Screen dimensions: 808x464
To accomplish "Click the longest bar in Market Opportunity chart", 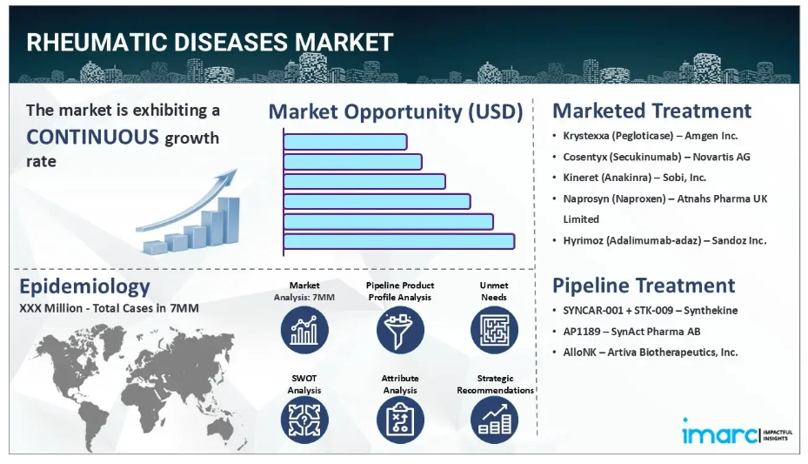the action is (x=399, y=241).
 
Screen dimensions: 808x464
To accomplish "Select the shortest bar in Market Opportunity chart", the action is (x=345, y=142).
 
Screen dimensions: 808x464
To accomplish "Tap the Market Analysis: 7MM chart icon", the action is (x=304, y=330).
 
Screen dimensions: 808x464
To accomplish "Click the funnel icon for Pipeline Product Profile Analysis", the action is (x=400, y=330).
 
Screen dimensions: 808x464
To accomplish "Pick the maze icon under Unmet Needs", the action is (x=494, y=330).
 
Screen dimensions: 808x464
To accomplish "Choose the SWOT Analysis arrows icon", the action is (x=304, y=420).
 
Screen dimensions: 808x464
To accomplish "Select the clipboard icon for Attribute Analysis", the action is (x=400, y=420).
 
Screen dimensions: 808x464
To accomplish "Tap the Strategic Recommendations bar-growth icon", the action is (x=494, y=420).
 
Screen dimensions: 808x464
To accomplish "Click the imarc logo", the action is (x=737, y=432).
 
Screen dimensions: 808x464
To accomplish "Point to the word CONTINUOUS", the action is (x=93, y=138).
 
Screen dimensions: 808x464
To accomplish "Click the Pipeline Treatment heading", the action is (x=644, y=285).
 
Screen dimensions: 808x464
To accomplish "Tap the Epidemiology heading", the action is (x=84, y=286).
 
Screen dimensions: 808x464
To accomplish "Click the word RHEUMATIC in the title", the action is (x=97, y=43).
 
